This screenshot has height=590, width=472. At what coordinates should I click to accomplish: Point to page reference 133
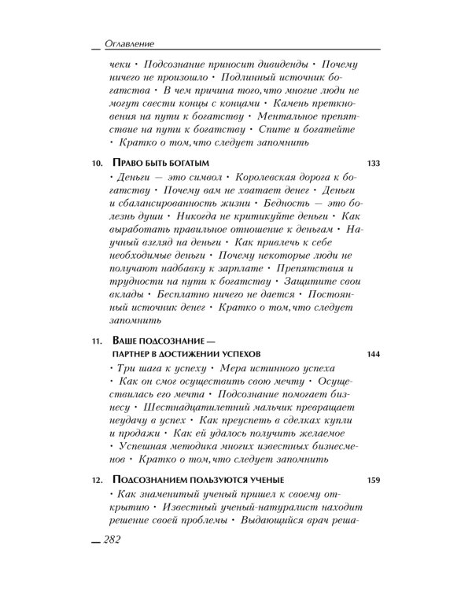[x=373, y=163]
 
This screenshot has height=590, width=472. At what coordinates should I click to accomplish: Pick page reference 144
[x=373, y=354]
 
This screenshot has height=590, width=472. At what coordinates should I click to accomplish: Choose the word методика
[x=190, y=451]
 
